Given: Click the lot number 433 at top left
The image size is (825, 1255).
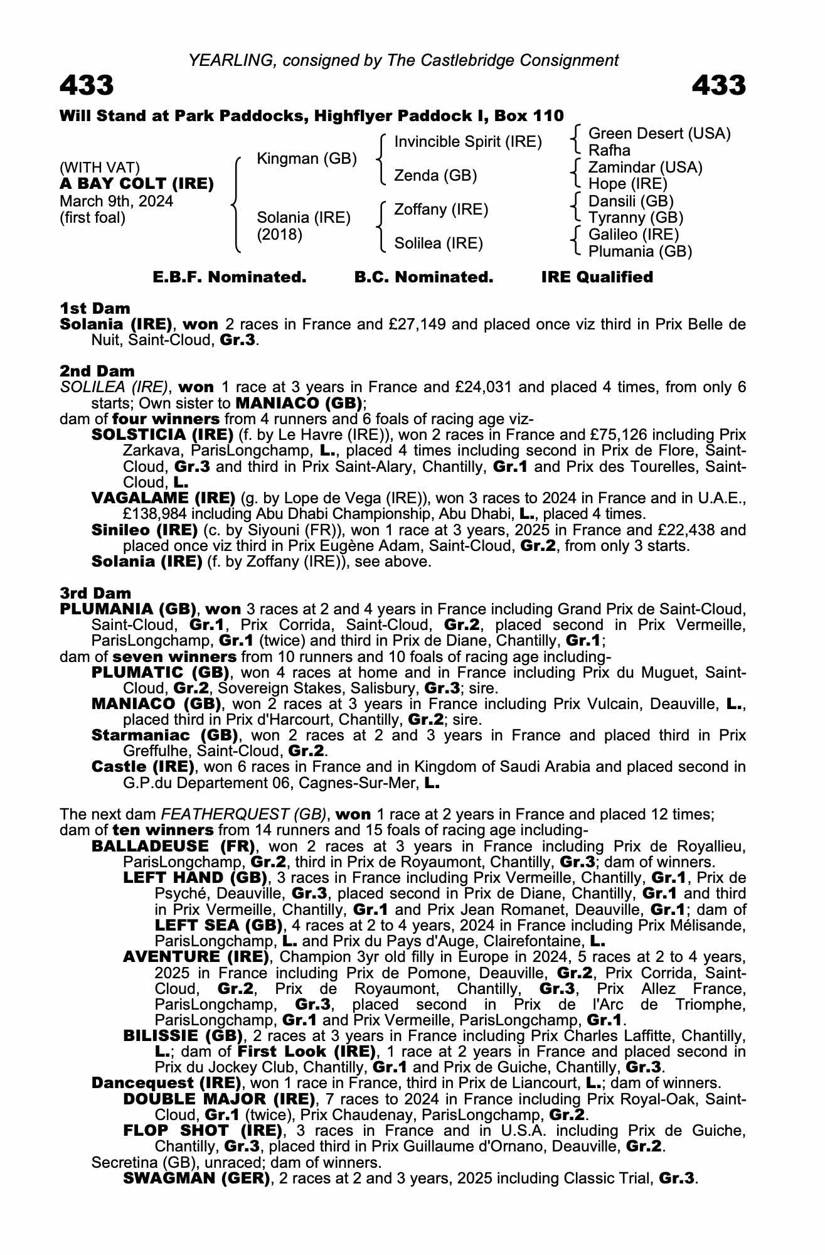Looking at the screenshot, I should click(87, 85).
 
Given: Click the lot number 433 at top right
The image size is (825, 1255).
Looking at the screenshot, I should click(718, 85).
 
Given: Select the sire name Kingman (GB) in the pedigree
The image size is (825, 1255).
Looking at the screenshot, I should click(307, 159).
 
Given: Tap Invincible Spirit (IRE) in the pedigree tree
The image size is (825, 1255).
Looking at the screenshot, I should click(467, 142).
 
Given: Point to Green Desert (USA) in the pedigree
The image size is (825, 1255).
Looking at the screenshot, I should click(659, 134).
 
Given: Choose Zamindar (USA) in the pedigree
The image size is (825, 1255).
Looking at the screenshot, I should click(645, 168).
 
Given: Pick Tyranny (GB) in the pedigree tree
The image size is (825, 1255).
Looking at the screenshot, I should click(636, 218).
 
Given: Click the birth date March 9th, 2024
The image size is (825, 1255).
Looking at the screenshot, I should click(116, 201).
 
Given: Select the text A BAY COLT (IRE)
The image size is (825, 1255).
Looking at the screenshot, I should click(137, 184).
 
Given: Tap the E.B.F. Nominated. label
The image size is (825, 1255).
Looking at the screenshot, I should click(230, 277).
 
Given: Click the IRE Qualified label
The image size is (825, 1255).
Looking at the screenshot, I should click(597, 277).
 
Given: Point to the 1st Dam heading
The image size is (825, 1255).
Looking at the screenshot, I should click(95, 308).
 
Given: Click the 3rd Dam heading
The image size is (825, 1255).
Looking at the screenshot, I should click(95, 593).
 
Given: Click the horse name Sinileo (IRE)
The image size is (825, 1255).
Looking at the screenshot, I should click(145, 530).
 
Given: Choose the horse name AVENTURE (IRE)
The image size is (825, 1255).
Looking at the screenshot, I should click(196, 957).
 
